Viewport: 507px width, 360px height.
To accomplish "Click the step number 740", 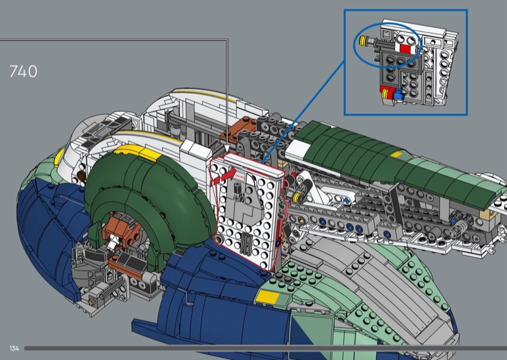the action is coord(23,72).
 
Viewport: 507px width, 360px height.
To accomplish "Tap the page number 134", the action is coord(14,349).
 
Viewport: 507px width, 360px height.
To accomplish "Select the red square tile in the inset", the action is coord(405,49).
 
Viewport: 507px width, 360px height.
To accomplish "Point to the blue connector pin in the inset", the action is coord(400,94).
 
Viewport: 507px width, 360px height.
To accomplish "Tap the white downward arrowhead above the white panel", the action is coord(228,149).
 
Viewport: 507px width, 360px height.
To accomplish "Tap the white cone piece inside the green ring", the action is coord(113,242).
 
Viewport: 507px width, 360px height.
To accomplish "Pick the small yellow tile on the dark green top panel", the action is coord(397,154).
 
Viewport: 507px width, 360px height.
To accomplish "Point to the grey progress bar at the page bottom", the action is coord(266,349).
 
